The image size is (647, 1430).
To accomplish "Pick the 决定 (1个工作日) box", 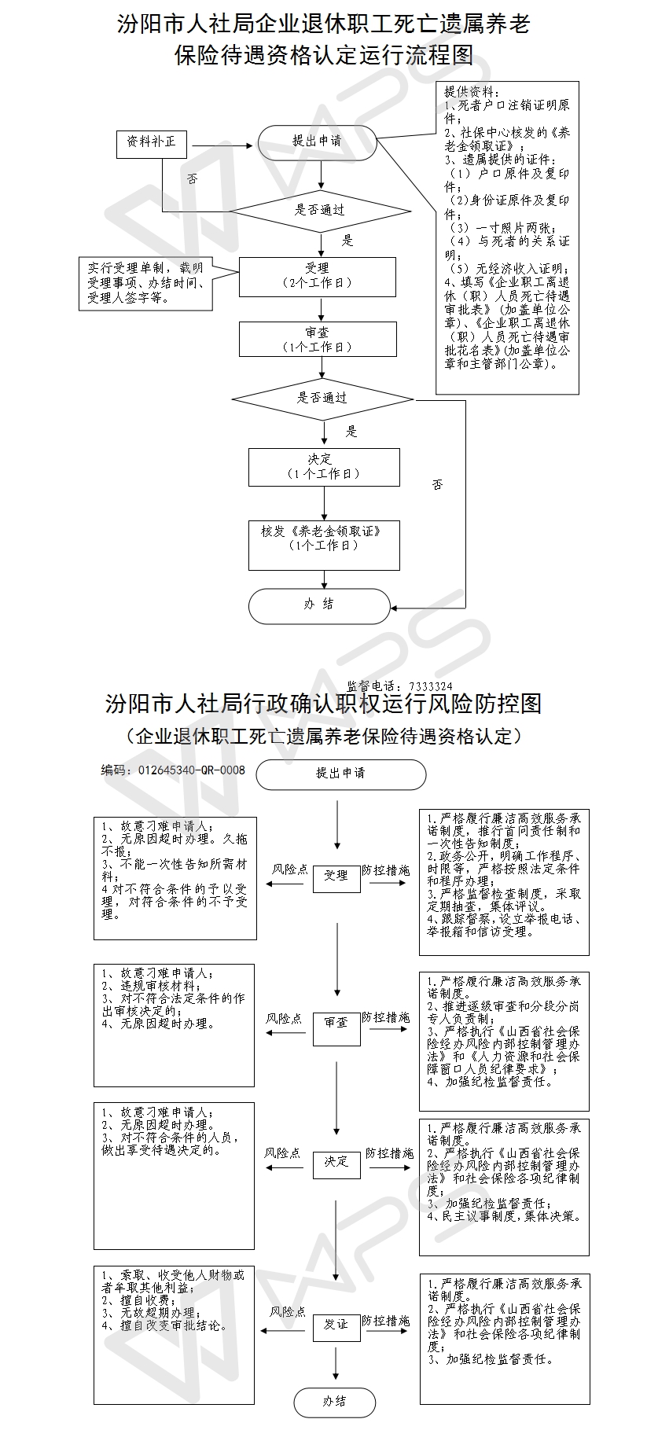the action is click(x=324, y=467).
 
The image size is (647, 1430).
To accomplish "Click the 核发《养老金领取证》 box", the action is click(x=324, y=545).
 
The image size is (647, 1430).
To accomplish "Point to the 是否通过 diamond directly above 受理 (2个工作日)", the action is click(x=320, y=211).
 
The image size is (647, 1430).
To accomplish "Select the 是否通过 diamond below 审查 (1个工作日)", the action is click(x=322, y=398).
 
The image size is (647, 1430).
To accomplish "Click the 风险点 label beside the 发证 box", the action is click(x=288, y=1312).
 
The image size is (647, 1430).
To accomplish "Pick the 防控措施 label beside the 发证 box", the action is click(x=386, y=1321).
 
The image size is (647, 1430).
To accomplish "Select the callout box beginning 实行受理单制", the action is click(x=145, y=284).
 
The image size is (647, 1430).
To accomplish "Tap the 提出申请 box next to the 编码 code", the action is click(x=340, y=774).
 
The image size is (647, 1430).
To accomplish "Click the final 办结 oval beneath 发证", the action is click(x=335, y=1402).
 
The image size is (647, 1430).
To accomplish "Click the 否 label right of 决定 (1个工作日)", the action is click(x=437, y=485).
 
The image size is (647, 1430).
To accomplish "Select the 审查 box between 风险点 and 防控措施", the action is click(x=336, y=1023).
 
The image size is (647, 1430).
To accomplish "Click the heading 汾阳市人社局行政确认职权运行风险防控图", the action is click(x=323, y=703).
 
